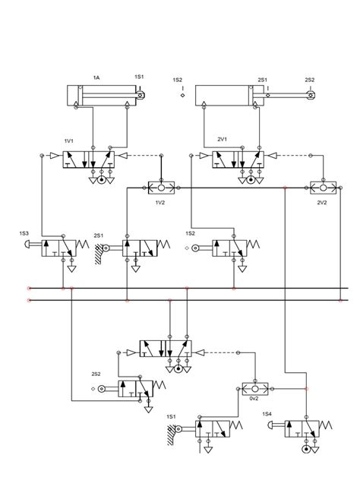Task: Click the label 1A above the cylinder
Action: pos(96,78)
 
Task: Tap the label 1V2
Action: pos(160,203)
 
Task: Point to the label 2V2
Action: pos(321,203)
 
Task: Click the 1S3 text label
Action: pos(25,233)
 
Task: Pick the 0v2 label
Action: pos(253,397)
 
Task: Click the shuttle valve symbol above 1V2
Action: pos(160,187)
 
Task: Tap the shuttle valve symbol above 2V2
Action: pos(321,187)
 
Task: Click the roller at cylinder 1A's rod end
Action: pos(141,96)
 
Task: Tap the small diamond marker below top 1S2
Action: pos(183,96)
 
